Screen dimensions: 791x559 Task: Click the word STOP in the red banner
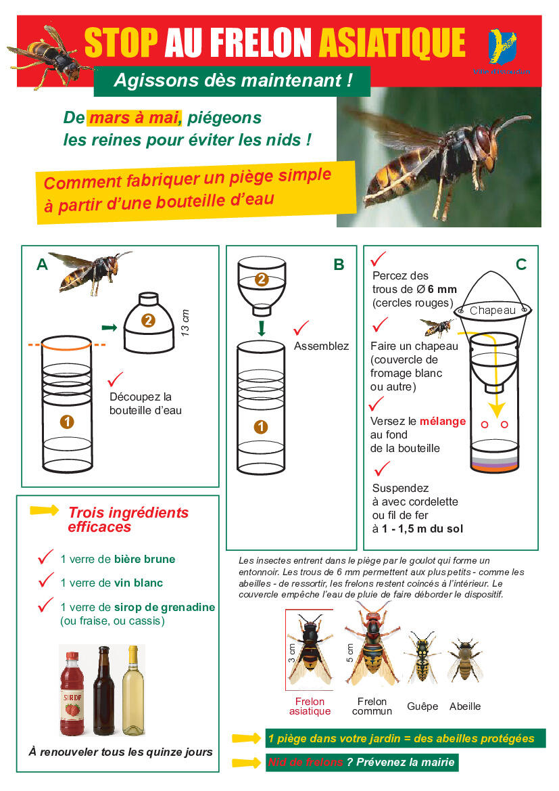(x=122, y=43)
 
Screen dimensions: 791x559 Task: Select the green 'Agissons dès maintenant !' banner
(x=233, y=81)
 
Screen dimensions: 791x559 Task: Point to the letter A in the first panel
(x=42, y=265)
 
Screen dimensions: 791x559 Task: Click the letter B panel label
(x=339, y=265)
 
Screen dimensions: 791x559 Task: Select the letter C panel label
(x=520, y=265)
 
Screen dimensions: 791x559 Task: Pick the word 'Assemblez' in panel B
(x=321, y=346)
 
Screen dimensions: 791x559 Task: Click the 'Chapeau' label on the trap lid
(x=492, y=311)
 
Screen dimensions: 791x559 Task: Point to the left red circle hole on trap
(x=484, y=424)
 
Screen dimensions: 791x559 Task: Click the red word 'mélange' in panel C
(x=442, y=421)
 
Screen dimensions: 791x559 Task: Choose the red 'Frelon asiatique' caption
(x=310, y=706)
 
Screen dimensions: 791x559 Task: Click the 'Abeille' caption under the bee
(x=465, y=706)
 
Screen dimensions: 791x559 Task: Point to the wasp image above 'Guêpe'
(x=422, y=658)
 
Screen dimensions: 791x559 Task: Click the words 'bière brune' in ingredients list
(x=144, y=559)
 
